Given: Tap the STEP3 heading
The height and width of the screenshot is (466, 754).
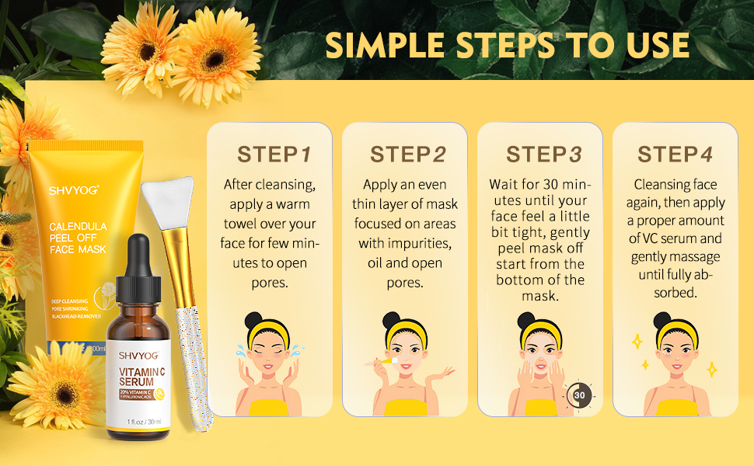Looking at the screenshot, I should coord(543,154).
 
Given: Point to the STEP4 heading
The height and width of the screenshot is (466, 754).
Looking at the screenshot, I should coord(675,154).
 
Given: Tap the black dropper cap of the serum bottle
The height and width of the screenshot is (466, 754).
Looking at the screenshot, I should coord(139,256).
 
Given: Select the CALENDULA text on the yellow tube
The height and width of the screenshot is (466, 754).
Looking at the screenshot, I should coord(78,227).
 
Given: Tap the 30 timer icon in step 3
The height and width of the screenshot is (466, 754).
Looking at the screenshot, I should coord(579,395).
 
